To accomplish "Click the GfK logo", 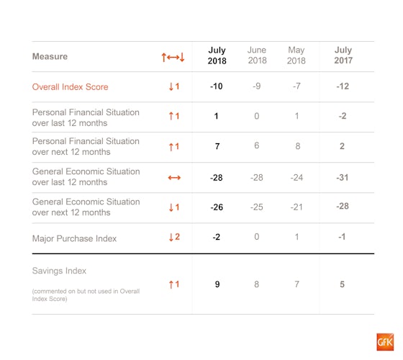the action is pos(385,342).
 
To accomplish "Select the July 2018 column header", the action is pos(217,55).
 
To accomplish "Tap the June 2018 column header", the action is pos(257,55).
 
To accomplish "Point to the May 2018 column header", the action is pos(296,55).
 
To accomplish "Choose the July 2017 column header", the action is pos(343,55).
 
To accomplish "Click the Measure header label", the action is pos(50,56).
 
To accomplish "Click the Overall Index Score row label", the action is pos(71,87).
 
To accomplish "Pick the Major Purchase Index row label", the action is pos(74,238).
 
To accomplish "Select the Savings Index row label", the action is pos(59,271).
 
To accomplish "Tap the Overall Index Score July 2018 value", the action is pos(217,86).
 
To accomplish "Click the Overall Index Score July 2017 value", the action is pos(343,86).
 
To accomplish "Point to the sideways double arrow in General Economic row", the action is pos(174,178).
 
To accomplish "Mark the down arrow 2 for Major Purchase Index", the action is pos(174,237).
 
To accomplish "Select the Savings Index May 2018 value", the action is pos(296,284).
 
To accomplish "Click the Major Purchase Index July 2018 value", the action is pos(217,237).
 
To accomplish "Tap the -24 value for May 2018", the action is pos(296,177).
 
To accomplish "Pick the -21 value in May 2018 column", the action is pos(296,207).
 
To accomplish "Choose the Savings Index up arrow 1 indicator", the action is pos(174,284).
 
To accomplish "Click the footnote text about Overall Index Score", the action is pos(86,295).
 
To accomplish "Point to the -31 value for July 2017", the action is pos(343,177).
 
